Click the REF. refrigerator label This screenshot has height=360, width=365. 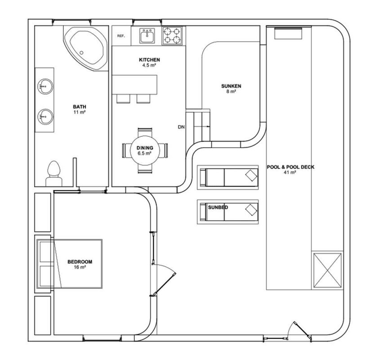pyautogui.click(x=121, y=36)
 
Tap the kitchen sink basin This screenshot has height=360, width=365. pyautogui.click(x=147, y=36)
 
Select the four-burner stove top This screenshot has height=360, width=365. pyautogui.click(x=172, y=36)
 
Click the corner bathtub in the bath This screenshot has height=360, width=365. pyautogui.click(x=85, y=48)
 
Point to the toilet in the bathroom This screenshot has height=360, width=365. pyautogui.click(x=54, y=174)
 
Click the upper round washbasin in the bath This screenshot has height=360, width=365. pyautogui.click(x=45, y=86)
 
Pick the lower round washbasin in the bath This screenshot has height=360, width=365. pyautogui.click(x=45, y=117)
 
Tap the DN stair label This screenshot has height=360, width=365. pyautogui.click(x=181, y=127)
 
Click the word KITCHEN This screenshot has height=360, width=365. pyautogui.click(x=149, y=60)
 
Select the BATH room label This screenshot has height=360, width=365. pyautogui.click(x=80, y=107)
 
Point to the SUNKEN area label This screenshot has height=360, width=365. pyautogui.click(x=231, y=86)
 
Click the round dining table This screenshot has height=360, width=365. pyautogui.click(x=145, y=150)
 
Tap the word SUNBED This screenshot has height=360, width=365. pyautogui.click(x=218, y=207)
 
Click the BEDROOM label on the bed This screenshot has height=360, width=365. pyautogui.click(x=80, y=261)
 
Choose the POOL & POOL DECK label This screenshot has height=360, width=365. pyautogui.click(x=290, y=167)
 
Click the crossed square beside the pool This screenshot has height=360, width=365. pyautogui.click(x=327, y=270)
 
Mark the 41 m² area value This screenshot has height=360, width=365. pyautogui.click(x=290, y=172)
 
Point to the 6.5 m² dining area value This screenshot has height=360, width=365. pyautogui.click(x=145, y=153)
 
